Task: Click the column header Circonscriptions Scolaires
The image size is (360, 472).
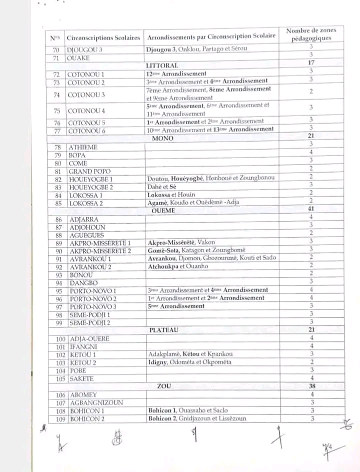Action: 103,38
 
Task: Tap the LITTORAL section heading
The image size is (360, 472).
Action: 161,66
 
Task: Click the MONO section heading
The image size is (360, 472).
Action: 162,138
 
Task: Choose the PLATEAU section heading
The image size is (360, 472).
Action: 164,330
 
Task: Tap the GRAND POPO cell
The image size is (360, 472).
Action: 85,171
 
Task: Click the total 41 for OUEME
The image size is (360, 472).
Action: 311,210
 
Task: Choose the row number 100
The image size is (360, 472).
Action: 59,338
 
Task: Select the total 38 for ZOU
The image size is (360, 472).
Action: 311,386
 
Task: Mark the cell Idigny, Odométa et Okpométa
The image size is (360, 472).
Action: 189,362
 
